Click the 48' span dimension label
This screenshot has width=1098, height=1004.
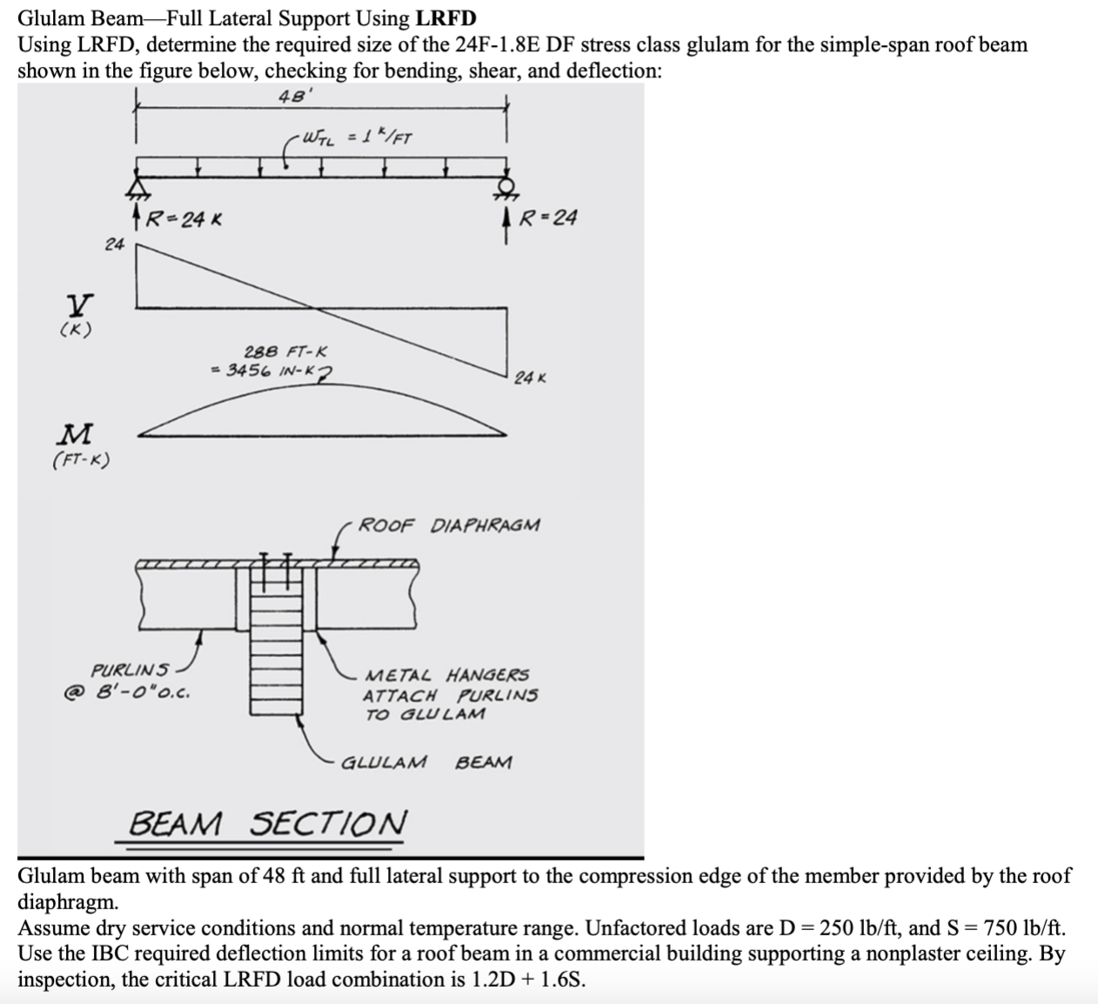(x=290, y=96)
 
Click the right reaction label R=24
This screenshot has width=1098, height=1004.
(x=547, y=217)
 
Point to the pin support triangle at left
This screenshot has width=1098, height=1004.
(x=137, y=186)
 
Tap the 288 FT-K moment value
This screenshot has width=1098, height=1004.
(x=285, y=352)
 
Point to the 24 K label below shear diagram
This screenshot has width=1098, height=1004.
(x=530, y=378)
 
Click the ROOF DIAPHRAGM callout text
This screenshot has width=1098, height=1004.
(x=449, y=525)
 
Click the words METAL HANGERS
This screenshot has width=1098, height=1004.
(x=446, y=675)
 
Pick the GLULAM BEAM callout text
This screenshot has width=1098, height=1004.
(x=426, y=763)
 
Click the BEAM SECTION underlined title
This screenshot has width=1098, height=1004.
(x=267, y=823)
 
